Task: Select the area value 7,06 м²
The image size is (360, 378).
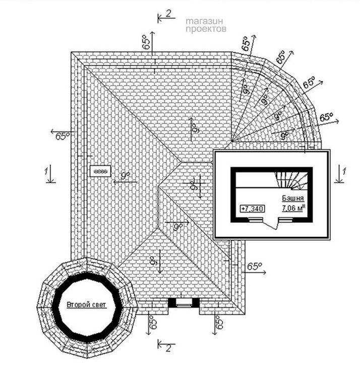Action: [x=289, y=207]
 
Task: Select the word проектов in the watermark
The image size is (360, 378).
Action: [x=206, y=30]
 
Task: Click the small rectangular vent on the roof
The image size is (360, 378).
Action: [x=100, y=171]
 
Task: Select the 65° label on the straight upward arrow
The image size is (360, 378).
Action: [x=146, y=42]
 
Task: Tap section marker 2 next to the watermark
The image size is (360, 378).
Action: [x=168, y=14]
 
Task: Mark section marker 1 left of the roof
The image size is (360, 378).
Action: [x=46, y=173]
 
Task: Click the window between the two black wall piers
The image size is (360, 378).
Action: [x=184, y=302]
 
